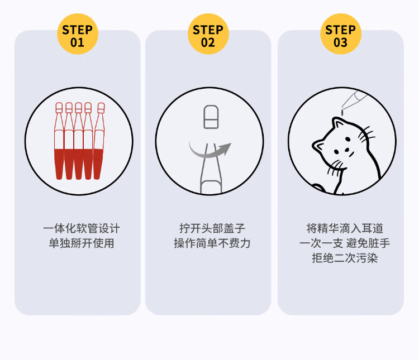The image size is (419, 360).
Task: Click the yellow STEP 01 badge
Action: (78, 35)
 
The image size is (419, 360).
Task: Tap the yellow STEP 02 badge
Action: (208, 35)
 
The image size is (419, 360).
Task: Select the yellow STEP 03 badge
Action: (340, 35)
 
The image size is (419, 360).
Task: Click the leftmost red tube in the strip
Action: (59, 142)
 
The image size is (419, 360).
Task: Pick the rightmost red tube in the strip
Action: (98, 142)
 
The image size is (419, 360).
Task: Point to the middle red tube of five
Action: (78, 142)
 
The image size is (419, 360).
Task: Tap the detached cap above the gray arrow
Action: (210, 117)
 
